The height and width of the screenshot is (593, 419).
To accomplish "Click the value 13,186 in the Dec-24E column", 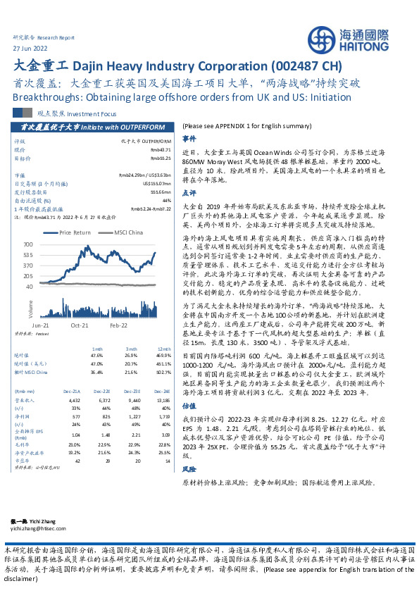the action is point(162,399).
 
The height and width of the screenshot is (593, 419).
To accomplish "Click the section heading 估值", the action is point(189,406).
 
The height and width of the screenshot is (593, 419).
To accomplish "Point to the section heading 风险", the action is point(189,468).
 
